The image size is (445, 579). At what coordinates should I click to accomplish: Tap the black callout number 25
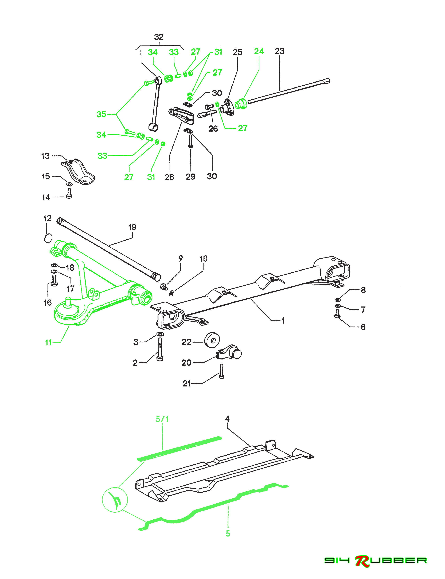coord(237,52)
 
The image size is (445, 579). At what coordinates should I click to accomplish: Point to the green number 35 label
coord(101,114)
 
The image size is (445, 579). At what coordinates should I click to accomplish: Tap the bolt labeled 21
coord(221,371)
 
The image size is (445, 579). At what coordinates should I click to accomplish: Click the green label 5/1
coord(162,419)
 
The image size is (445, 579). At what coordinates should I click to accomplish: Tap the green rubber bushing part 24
coord(241,104)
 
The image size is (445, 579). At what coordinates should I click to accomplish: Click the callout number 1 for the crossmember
coord(283,321)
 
